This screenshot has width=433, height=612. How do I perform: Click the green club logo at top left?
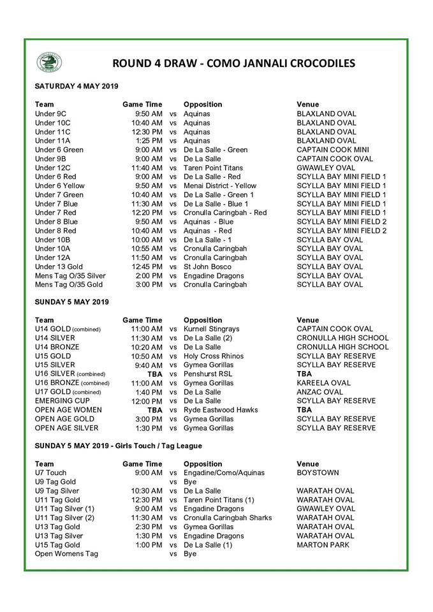click(49, 62)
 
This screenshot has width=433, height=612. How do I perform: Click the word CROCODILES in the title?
click(314, 63)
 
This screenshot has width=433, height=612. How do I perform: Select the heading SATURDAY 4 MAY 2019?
click(76, 86)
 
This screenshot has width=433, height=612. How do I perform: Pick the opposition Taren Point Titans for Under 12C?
click(214, 168)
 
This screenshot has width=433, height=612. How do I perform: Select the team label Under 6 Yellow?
click(59, 186)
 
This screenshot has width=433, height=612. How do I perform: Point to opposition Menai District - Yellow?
click(220, 186)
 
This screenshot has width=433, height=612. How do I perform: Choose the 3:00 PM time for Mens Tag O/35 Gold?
click(149, 285)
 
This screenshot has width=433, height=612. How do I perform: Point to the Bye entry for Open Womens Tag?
click(190, 554)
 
